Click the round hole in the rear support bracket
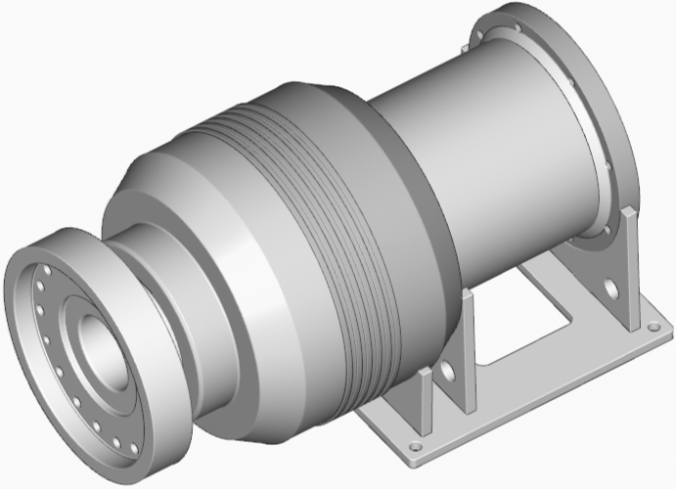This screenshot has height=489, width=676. [610, 289]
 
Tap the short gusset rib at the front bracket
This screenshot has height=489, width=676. [424, 401]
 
